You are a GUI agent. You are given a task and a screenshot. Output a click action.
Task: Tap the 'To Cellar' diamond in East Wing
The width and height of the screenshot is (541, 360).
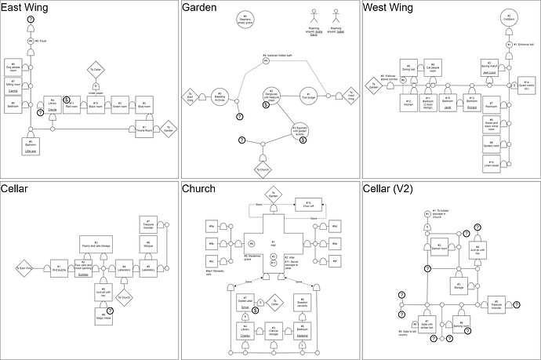click(96, 70)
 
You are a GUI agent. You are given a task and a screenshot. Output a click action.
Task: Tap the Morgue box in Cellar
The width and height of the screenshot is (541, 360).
click(147, 247)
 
